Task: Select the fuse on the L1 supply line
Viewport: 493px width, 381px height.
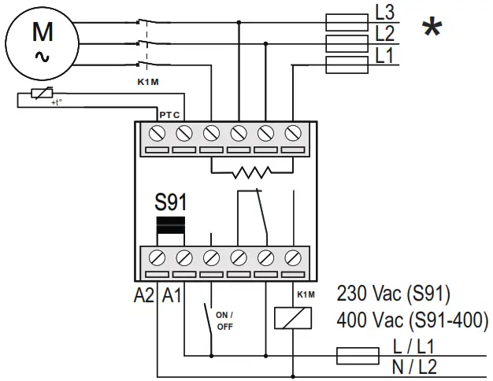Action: click(346, 64)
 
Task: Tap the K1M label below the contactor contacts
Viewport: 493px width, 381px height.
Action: click(148, 80)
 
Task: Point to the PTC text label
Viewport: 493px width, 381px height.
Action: click(170, 115)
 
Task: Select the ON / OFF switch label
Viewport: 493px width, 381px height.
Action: click(225, 320)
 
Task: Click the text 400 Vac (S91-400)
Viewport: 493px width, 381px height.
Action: click(412, 320)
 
